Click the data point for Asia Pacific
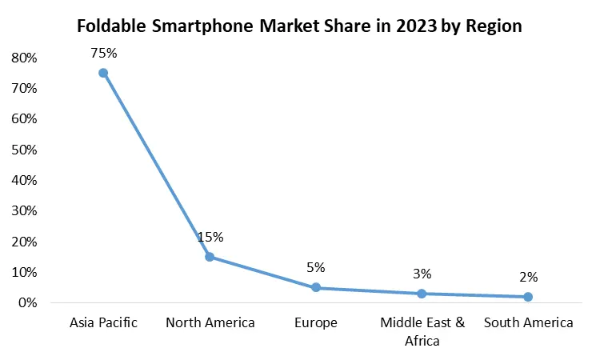click(103, 73)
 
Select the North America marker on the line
click(210, 257)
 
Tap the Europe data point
click(316, 287)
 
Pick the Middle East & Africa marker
click(422, 294)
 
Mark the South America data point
click(528, 297)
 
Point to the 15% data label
click(210, 237)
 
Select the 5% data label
click(316, 267)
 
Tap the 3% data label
click(422, 274)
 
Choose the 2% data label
click(528, 277)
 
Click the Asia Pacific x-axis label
click(104, 323)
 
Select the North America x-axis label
click(210, 323)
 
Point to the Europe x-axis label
click(316, 323)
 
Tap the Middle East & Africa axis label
click(422, 330)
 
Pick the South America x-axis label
click(528, 323)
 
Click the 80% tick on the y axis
click(25, 58)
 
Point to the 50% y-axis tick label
click(25, 150)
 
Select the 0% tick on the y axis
click(28, 303)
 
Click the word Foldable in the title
click(111, 26)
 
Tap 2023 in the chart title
click(414, 26)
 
